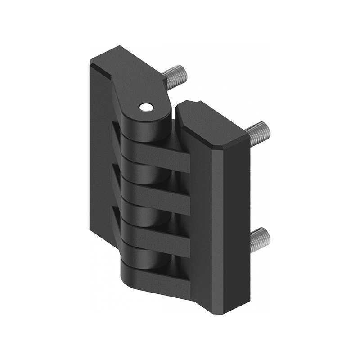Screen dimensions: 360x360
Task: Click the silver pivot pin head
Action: pos(145,107)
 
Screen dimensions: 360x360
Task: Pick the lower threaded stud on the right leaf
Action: pos(259,237)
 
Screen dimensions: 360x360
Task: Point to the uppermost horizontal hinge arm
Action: pos(157,155)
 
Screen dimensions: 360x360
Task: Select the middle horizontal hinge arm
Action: pos(157,193)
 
